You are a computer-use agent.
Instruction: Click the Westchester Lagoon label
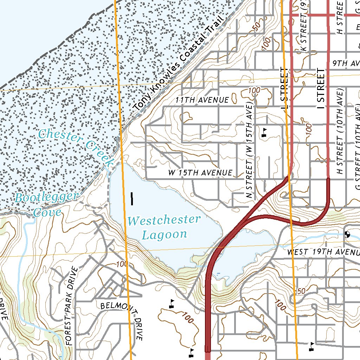[164, 227]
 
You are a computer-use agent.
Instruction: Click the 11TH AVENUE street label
[202, 100]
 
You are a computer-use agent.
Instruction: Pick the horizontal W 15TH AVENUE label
[200, 173]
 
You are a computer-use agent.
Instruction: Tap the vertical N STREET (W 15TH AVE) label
[249, 151]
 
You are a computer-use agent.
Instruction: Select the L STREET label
[284, 88]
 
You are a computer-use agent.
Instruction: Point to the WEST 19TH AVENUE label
[323, 252]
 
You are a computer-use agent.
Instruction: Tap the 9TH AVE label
[345, 63]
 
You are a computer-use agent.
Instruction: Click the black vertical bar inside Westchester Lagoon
[132, 199]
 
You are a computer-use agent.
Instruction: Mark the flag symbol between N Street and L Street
[264, 132]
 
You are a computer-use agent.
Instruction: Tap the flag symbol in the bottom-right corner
[311, 347]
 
